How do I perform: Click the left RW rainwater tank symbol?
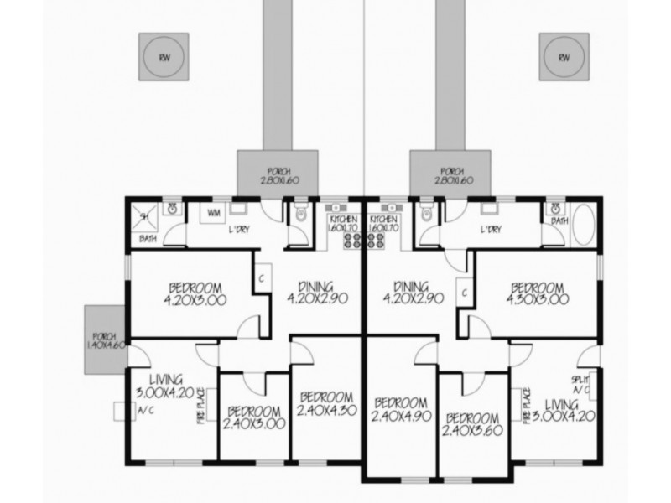pyautogui.click(x=163, y=58)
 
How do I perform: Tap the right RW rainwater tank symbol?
pyautogui.click(x=563, y=58)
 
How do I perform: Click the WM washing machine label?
pyautogui.click(x=213, y=213)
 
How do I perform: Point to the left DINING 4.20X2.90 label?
pyautogui.click(x=310, y=291)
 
